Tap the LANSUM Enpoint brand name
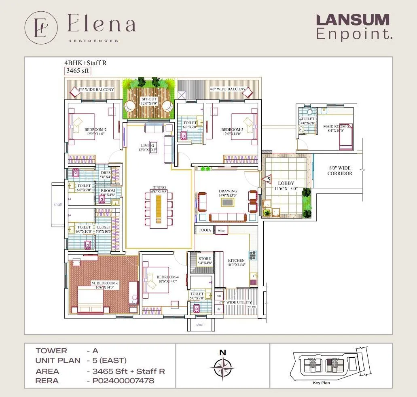(x=353, y=27)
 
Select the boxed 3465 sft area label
(x=78, y=71)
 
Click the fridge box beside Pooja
(x=221, y=230)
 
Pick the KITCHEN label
(x=236, y=263)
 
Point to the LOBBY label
(x=286, y=186)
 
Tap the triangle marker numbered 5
(x=267, y=178)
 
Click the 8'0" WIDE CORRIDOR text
(x=339, y=171)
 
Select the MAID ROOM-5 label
(x=335, y=129)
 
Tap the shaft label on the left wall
(x=58, y=204)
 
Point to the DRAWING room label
(x=228, y=193)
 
